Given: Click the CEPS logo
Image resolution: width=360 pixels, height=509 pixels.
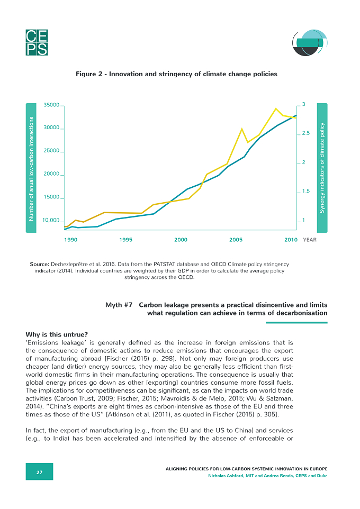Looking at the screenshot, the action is pos(37,42).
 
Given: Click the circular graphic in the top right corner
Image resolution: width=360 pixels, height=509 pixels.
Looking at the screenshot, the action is pos(310,42).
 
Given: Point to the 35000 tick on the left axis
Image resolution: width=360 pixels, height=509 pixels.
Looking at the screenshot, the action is pos(52,105).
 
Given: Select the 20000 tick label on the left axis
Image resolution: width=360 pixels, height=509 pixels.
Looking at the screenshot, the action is pos(52,174).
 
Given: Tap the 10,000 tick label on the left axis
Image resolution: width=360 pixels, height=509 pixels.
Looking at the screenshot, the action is pos(51,221).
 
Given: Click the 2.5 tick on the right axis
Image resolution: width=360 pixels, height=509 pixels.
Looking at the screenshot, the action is pos(306,133).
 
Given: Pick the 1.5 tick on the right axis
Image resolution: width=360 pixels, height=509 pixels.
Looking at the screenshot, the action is pos(306,191).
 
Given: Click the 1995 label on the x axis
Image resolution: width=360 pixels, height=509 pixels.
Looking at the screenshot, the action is pos(126,240).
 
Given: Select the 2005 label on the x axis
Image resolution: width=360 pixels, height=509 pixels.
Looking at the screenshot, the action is pos(236,240).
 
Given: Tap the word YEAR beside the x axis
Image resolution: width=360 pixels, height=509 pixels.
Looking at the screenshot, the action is pos(310,240).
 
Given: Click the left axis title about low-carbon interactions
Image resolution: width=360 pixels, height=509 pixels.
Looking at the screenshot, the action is pos(31,169).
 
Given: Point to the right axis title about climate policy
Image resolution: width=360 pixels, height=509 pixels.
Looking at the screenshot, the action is pos(322,168).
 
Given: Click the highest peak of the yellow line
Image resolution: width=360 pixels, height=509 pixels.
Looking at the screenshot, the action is pos(276,108).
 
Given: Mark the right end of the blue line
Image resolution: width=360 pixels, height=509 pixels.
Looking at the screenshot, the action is pos(296,115).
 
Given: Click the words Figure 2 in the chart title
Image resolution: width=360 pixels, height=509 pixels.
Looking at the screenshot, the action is pos(86,74).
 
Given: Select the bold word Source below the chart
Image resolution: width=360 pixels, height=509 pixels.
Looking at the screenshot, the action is pos(39,264).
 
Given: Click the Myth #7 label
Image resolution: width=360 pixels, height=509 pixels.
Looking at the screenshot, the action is pos(119,305).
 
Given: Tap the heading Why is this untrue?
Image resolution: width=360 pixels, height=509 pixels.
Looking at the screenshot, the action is pos(57,335).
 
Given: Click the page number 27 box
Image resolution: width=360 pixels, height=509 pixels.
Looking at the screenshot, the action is pos(39,472).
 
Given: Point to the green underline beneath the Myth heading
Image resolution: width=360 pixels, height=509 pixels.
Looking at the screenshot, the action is pos(296,323).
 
